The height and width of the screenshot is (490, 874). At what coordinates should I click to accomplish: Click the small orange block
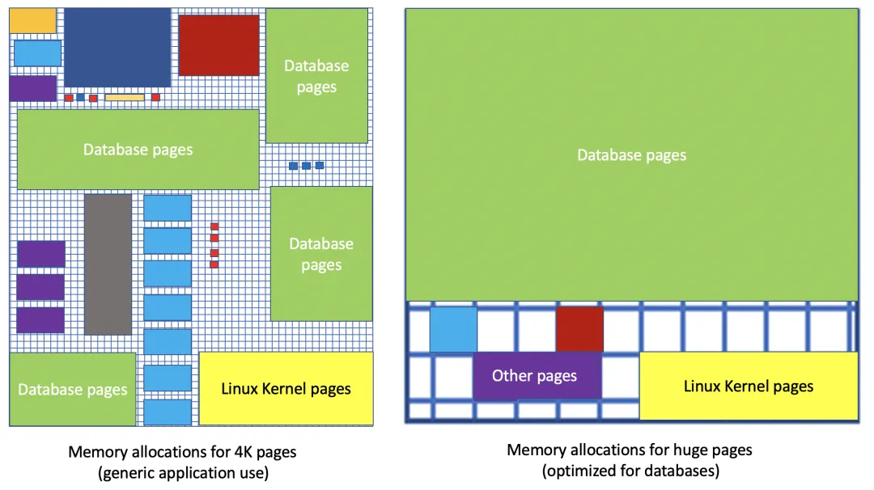pos(32,20)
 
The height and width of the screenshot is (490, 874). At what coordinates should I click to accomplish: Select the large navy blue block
pos(117,48)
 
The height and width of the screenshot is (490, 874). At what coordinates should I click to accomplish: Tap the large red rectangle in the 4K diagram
pos(219,45)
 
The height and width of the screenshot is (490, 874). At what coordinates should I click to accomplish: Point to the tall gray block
pos(108,264)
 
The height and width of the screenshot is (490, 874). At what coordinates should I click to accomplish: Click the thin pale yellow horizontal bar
pos(125,98)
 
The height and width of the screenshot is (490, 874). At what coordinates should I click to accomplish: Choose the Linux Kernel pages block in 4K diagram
pos(286,389)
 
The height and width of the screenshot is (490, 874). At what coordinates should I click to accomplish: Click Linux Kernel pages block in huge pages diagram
pos(749,386)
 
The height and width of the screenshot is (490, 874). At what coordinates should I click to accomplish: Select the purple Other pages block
pos(537,376)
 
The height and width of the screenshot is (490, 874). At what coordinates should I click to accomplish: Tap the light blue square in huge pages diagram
pos(453,329)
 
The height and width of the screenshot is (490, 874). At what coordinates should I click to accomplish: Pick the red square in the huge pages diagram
pos(579,329)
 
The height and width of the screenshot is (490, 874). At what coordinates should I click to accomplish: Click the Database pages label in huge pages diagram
pos(631,154)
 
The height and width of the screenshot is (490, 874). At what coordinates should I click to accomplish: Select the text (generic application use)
pos(184,473)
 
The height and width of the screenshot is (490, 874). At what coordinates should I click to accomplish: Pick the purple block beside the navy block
pos(33,88)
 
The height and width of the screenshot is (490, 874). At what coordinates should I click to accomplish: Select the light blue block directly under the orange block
pos(37,53)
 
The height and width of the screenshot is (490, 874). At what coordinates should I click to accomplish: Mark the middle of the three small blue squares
pos(306,166)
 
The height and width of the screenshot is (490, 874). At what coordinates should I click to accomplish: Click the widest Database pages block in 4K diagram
pos(138,150)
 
